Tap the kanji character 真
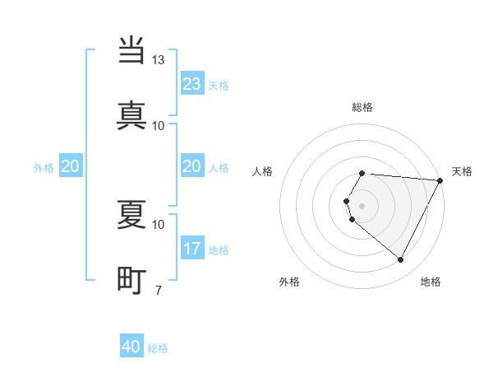pyautogui.click(x=131, y=114)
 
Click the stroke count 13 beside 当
pyautogui.click(x=159, y=60)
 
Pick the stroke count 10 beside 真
pyautogui.click(x=159, y=125)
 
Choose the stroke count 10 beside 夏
pyautogui.click(x=159, y=224)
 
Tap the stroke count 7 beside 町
pyautogui.click(x=159, y=289)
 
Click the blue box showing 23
pyautogui.click(x=192, y=84)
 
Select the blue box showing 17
pyautogui.click(x=192, y=249)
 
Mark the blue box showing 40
pyautogui.click(x=131, y=347)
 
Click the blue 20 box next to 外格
pyautogui.click(x=71, y=167)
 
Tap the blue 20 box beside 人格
pyautogui.click(x=192, y=167)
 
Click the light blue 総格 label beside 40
pyautogui.click(x=158, y=348)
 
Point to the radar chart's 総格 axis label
pyautogui.click(x=362, y=107)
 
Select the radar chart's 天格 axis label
pyautogui.click(x=462, y=171)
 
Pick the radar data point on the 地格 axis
pyautogui.click(x=401, y=260)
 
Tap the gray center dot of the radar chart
pyautogui.click(x=362, y=205)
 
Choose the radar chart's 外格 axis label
pyautogui.click(x=289, y=282)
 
